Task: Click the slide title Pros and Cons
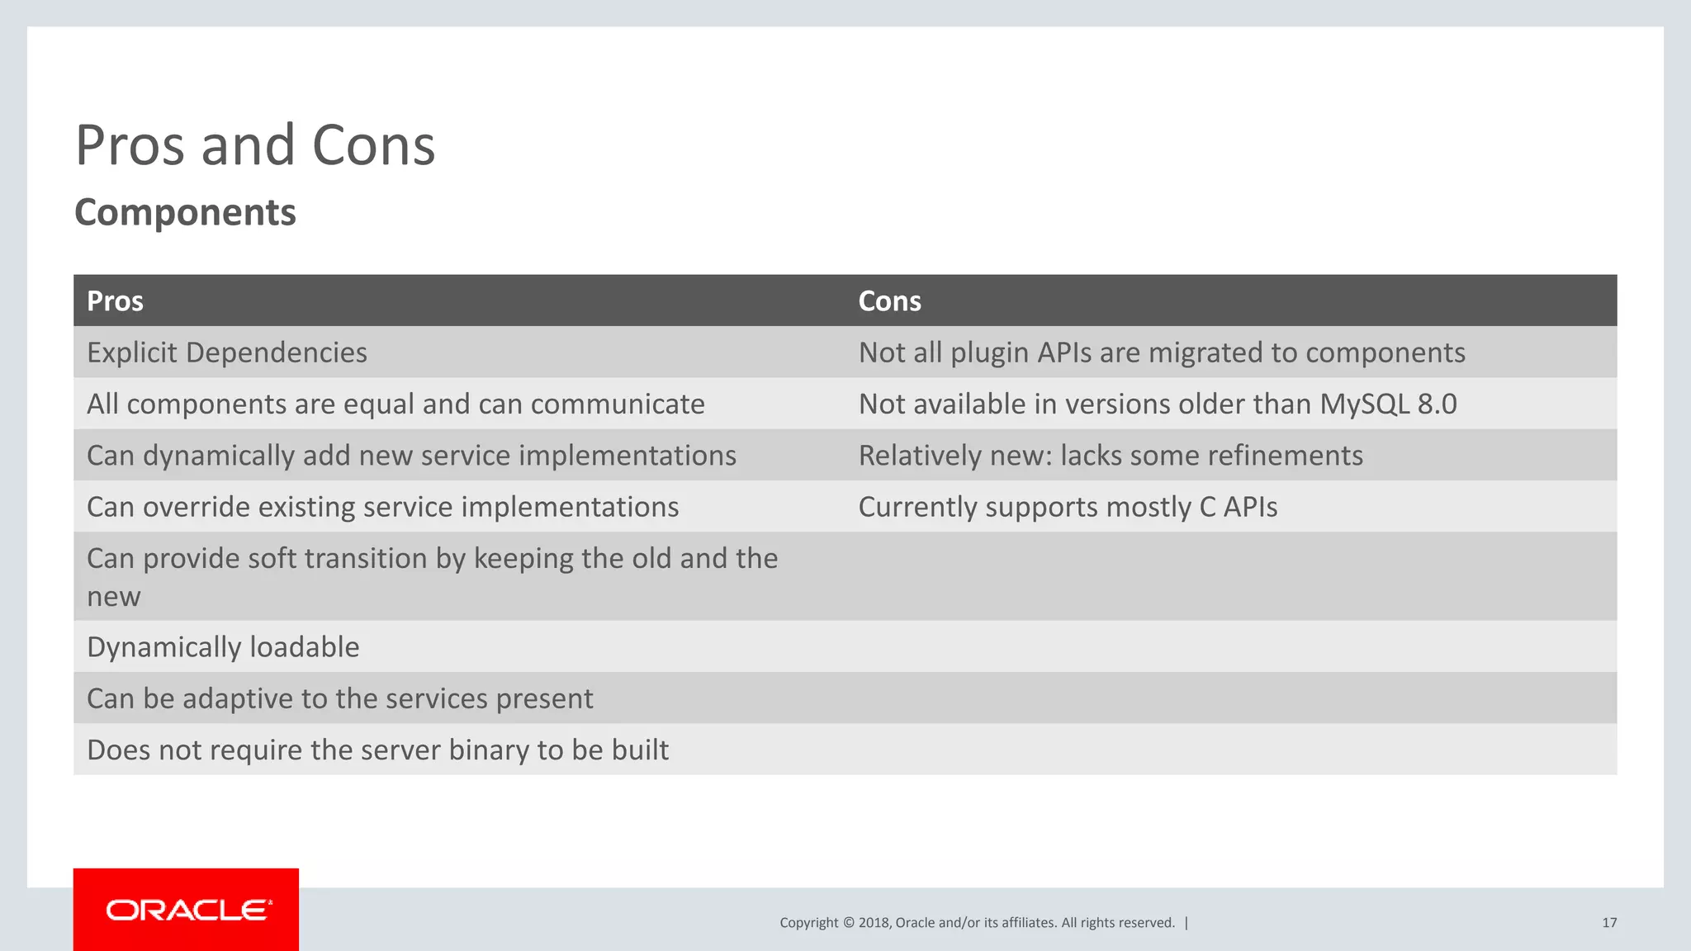pyautogui.click(x=254, y=145)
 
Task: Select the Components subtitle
pyautogui.click(x=185, y=212)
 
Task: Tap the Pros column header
pyautogui.click(x=115, y=301)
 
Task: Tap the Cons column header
pyautogui.click(x=889, y=301)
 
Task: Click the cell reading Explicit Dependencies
pyautogui.click(x=227, y=352)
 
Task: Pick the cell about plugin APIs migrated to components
pyautogui.click(x=1161, y=352)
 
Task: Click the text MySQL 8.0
pyautogui.click(x=1388, y=404)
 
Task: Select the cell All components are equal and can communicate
pyautogui.click(x=396, y=404)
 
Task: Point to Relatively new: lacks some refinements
pyautogui.click(x=1110, y=456)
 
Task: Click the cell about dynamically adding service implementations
pyautogui.click(x=411, y=456)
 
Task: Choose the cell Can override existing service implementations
pyautogui.click(x=382, y=507)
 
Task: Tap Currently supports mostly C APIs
pyautogui.click(x=1067, y=507)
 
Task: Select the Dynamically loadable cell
pyautogui.click(x=223, y=647)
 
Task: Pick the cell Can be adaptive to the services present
pyautogui.click(x=339, y=699)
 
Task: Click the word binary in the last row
pyautogui.click(x=489, y=750)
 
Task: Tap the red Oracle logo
pyautogui.click(x=187, y=910)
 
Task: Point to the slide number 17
pyautogui.click(x=1608, y=923)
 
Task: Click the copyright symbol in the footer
pyautogui.click(x=848, y=923)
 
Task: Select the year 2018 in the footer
pyautogui.click(x=874, y=923)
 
